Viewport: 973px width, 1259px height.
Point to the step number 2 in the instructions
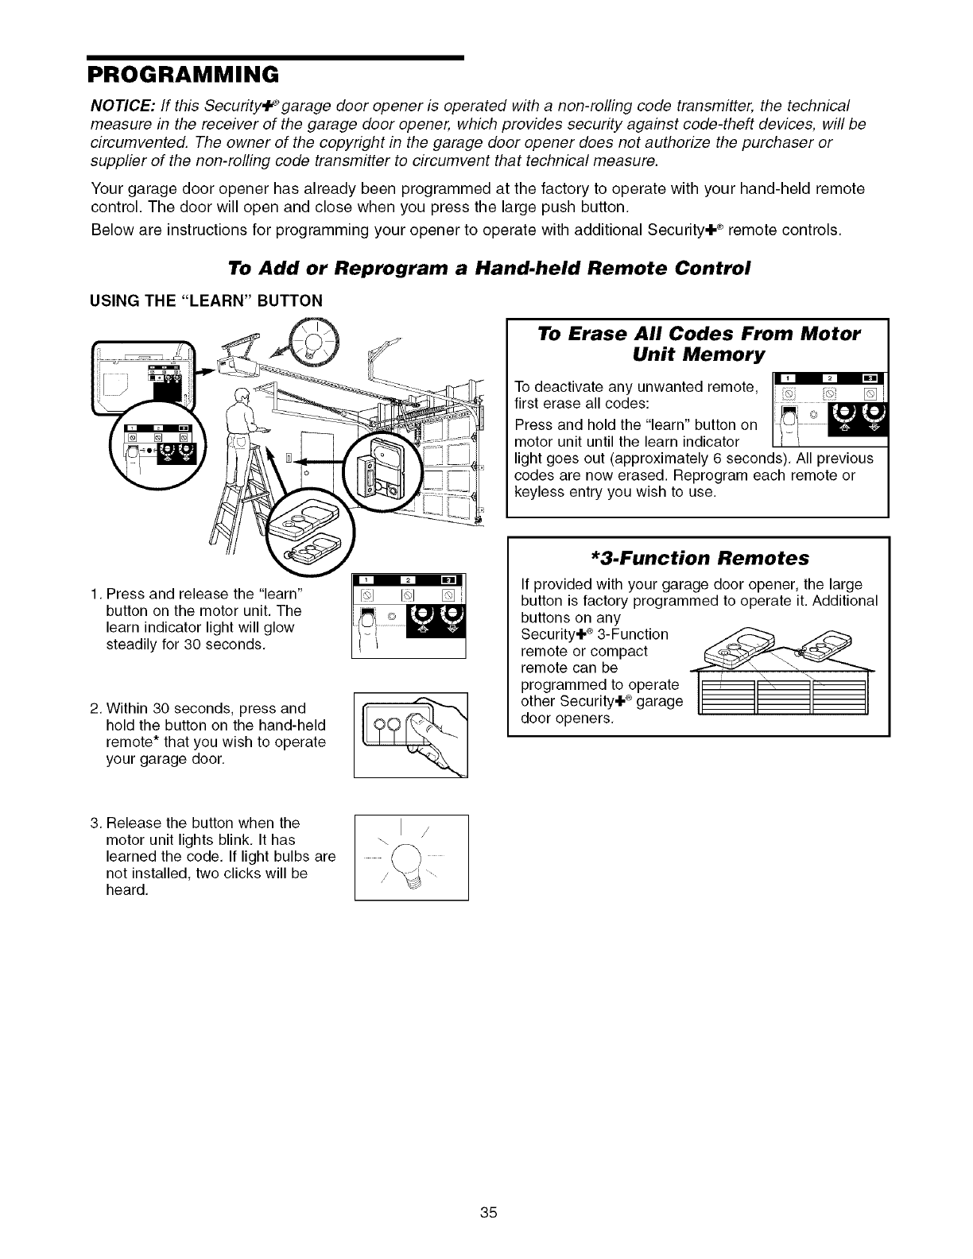tap(94, 708)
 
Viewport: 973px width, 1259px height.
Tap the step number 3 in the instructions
tap(94, 822)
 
